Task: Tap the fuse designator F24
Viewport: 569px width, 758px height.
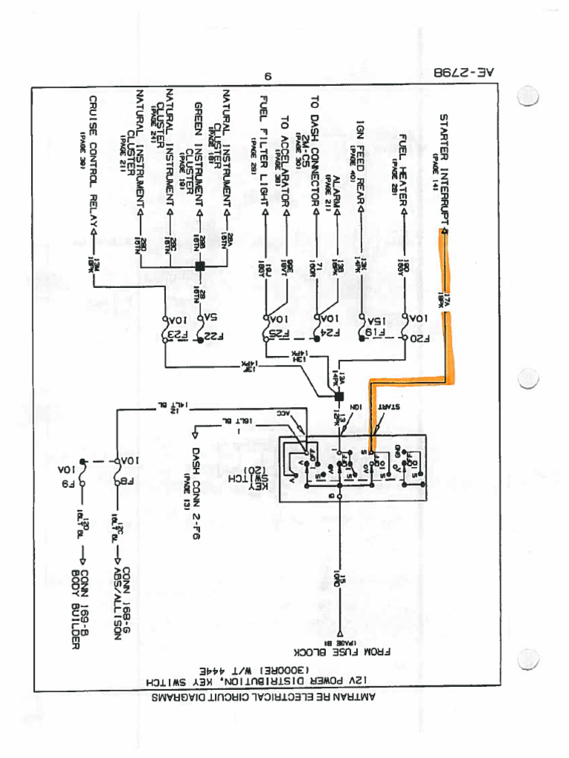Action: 321,340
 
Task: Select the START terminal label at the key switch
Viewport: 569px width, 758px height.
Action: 389,406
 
